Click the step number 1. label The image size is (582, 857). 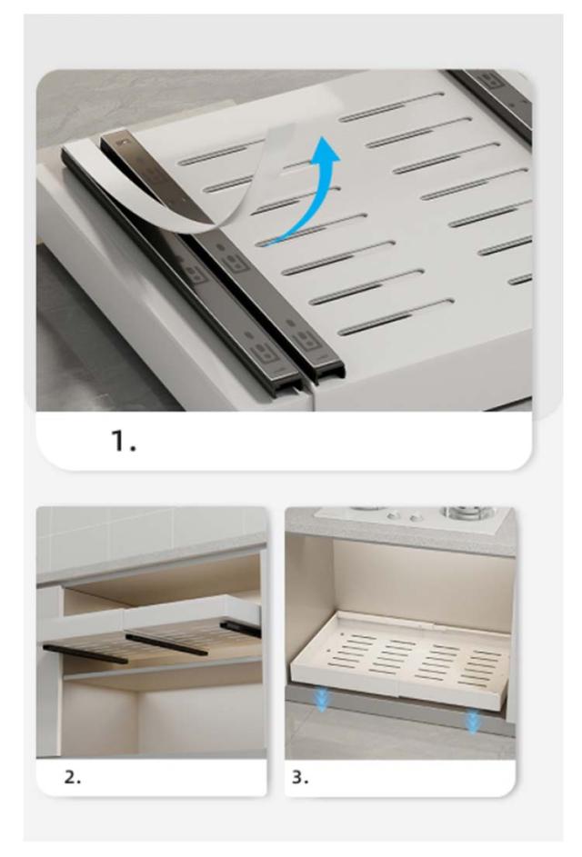pos(124,441)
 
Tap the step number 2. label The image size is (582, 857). pos(73,777)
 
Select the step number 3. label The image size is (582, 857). pos(300,777)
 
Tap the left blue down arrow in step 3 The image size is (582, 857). pos(322,700)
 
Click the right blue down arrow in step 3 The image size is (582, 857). pos(471,722)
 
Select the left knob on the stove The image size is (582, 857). pos(392,515)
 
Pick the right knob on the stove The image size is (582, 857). pos(416,516)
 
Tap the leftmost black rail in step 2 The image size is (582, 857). pos(85,653)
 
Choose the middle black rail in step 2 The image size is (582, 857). pos(166,644)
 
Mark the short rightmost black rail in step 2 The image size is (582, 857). pos(241,629)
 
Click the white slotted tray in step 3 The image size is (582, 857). pos(399,659)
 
